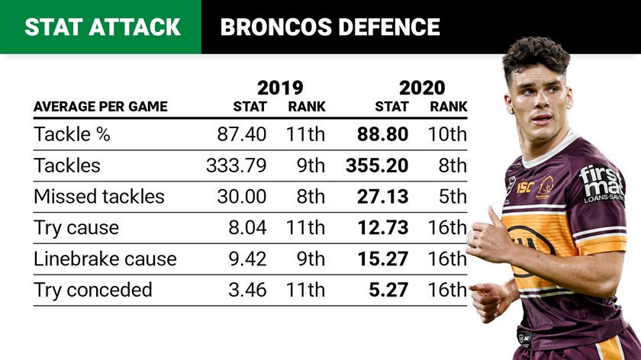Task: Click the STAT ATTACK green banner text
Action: tap(102, 27)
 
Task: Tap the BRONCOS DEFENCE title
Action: tap(330, 27)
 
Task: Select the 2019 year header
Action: tap(280, 87)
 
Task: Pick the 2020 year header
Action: tap(421, 87)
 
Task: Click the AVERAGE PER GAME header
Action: tap(100, 107)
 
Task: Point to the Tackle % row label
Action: tap(72, 134)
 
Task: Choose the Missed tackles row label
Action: tap(98, 196)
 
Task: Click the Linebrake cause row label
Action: tap(105, 259)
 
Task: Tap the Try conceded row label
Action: tap(92, 290)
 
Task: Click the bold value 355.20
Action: tap(377, 166)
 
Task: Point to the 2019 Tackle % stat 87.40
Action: tap(242, 134)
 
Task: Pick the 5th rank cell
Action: tap(452, 196)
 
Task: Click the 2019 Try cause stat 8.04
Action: tap(246, 227)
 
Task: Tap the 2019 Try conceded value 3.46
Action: tap(246, 290)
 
